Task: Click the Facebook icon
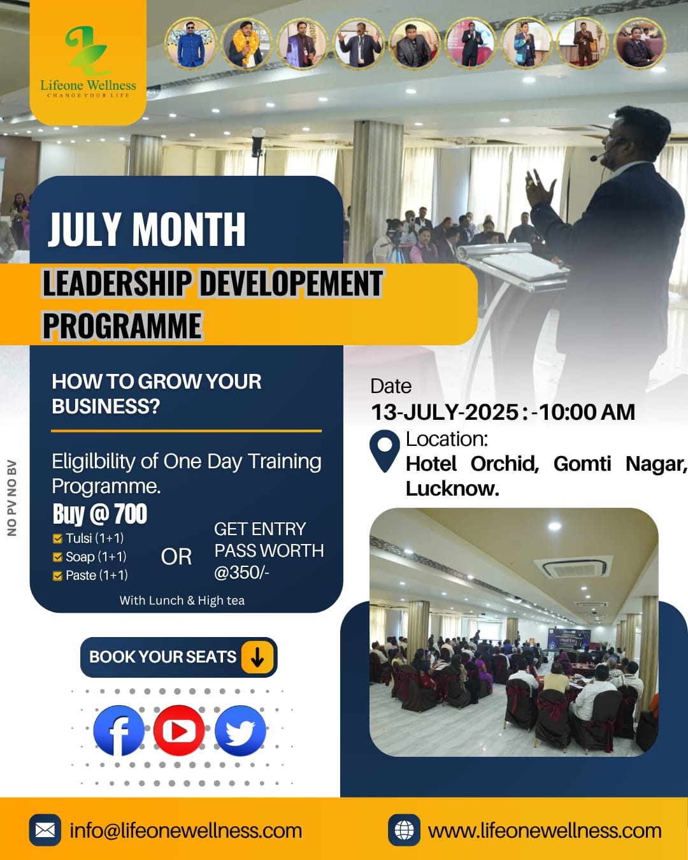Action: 118,730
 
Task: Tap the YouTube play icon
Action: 179,730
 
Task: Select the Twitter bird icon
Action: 240,730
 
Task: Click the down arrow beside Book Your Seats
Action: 257,657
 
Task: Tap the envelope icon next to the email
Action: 45,830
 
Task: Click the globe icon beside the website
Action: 404,830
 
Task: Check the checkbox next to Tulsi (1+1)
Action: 57,539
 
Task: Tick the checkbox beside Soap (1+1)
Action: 57,557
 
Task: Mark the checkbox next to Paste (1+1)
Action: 57,576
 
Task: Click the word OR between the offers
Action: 176,557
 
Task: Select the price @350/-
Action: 241,573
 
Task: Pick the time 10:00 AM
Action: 587,412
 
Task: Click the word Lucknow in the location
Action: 452,489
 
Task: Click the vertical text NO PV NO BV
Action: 12,498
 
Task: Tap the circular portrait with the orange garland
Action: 247,43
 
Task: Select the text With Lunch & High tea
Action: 182,600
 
